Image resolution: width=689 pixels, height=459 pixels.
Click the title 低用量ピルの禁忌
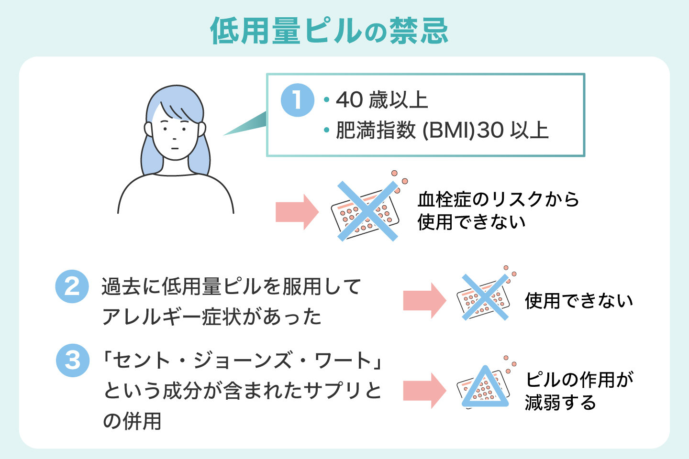tap(329, 31)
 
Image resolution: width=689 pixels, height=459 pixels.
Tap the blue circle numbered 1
tap(297, 100)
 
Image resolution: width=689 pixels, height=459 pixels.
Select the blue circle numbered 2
tap(72, 286)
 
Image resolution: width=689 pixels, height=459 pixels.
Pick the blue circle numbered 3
tap(72, 360)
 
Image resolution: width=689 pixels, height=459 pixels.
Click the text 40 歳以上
tap(382, 100)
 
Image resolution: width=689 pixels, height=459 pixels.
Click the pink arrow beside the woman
tap(297, 211)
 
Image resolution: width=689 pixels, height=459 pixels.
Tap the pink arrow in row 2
tap(424, 300)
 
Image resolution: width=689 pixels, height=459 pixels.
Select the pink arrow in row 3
tap(424, 390)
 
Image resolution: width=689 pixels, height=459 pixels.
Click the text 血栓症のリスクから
tap(498, 199)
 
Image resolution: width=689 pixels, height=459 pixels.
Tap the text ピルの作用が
tap(579, 380)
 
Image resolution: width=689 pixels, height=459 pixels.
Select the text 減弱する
tap(560, 403)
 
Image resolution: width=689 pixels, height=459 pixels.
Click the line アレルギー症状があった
tap(212, 317)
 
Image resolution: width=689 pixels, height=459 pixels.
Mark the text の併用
tap(133, 421)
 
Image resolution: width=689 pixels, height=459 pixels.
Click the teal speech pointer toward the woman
tap(246, 124)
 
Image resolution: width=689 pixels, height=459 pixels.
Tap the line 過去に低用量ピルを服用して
tap(231, 286)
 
